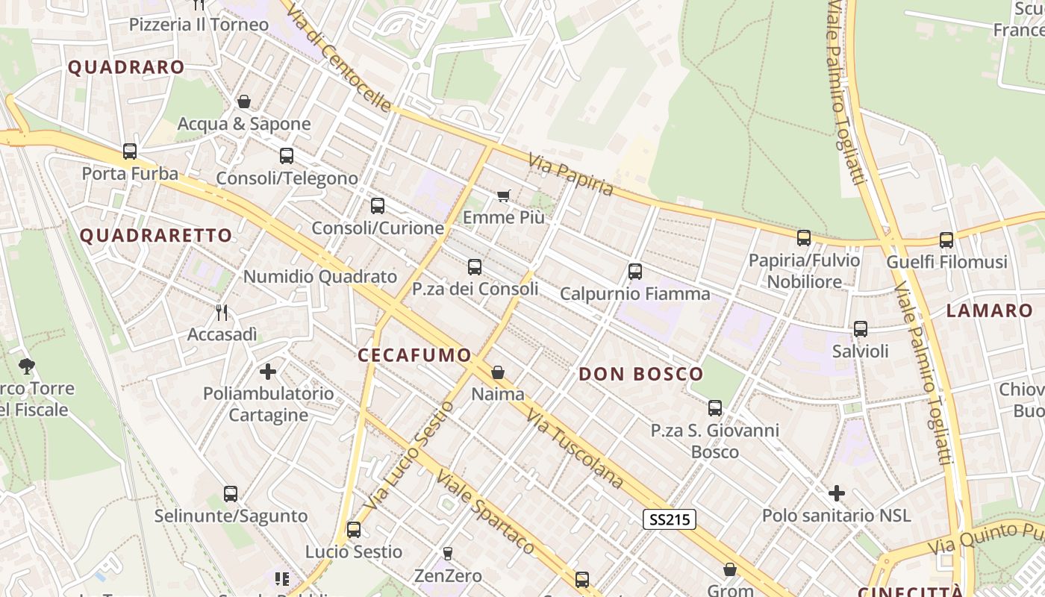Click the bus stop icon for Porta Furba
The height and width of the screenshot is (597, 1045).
(x=130, y=151)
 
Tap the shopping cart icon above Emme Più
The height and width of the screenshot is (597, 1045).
(x=504, y=196)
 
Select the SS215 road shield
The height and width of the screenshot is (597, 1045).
(x=670, y=519)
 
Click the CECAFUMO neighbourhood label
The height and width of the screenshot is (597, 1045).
(x=414, y=355)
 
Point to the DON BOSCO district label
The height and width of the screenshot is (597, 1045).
(x=641, y=374)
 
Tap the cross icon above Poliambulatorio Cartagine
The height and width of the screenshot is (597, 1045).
(x=268, y=371)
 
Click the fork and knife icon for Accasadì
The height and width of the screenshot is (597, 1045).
(x=221, y=312)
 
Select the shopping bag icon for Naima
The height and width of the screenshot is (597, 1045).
(x=498, y=372)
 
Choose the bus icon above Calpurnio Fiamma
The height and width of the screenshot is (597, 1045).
(x=635, y=272)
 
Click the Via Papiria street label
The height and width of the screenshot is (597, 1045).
(x=571, y=175)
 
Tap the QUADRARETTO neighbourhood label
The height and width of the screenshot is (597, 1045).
(x=156, y=236)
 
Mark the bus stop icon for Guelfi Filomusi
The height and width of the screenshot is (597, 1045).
(x=946, y=240)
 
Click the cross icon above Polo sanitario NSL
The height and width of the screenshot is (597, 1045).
(x=837, y=493)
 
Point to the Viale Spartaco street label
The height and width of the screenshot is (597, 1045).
(x=485, y=512)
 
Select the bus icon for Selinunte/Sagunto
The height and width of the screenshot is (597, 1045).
(x=231, y=494)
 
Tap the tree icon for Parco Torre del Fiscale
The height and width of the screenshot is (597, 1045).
(x=28, y=366)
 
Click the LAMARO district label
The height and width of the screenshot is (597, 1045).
(x=989, y=311)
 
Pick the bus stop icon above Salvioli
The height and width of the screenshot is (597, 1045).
(x=861, y=329)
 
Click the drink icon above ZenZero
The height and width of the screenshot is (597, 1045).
(x=448, y=553)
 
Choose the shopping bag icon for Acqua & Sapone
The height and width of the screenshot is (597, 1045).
(x=244, y=101)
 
